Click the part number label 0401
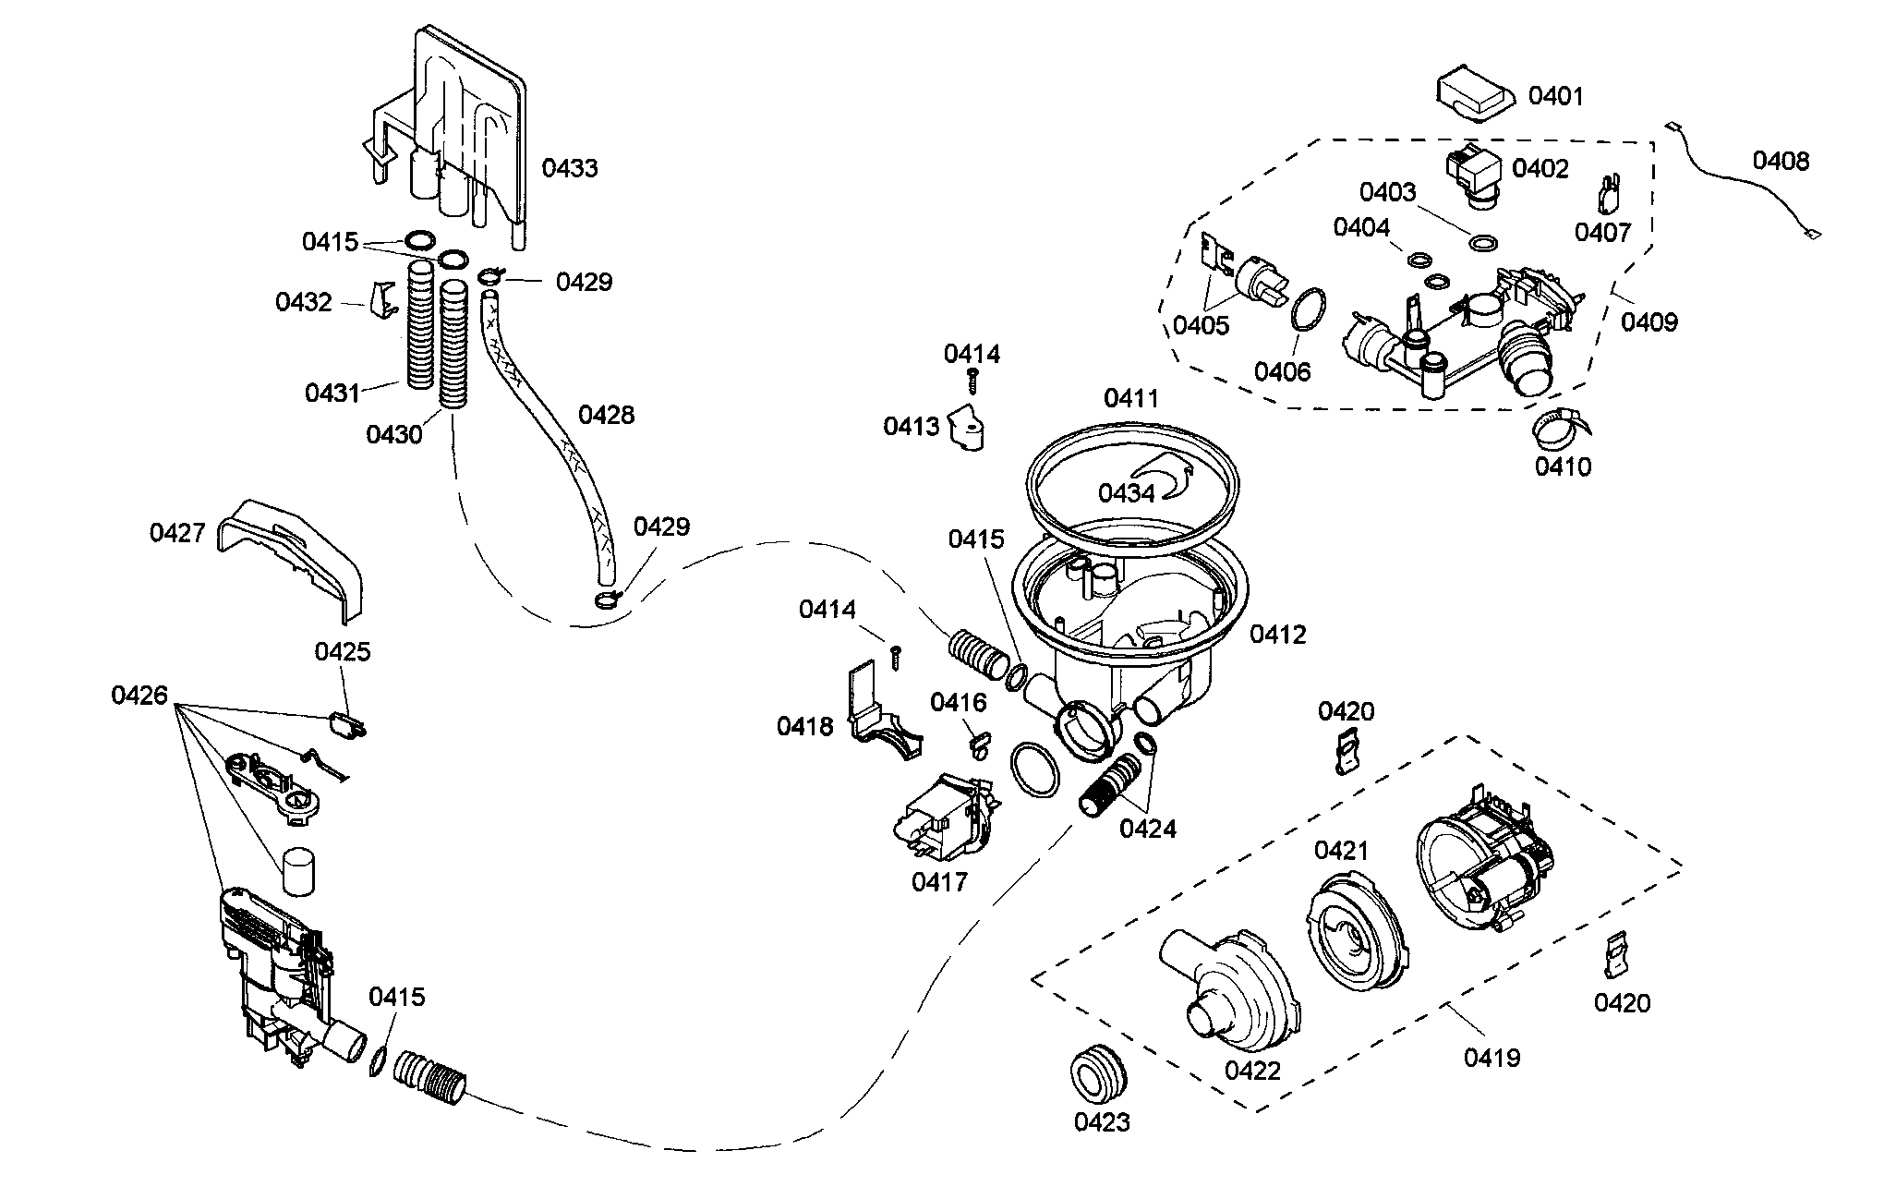tap(1556, 96)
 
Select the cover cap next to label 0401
tap(1475, 98)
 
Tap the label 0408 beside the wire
tap(1781, 162)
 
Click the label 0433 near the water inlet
tap(570, 168)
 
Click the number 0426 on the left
tap(139, 695)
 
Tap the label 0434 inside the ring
tap(1126, 493)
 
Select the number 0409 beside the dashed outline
tap(1649, 321)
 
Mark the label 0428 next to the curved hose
tap(606, 415)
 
